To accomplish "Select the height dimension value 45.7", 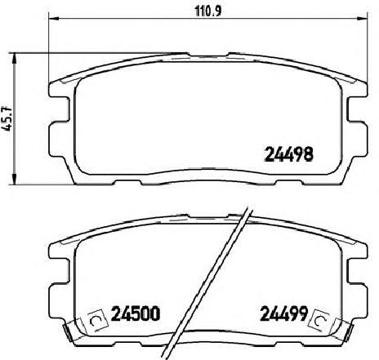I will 9,118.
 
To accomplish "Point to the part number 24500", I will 134,313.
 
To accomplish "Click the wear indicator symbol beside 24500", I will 94,318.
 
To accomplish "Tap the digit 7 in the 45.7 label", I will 9,108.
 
